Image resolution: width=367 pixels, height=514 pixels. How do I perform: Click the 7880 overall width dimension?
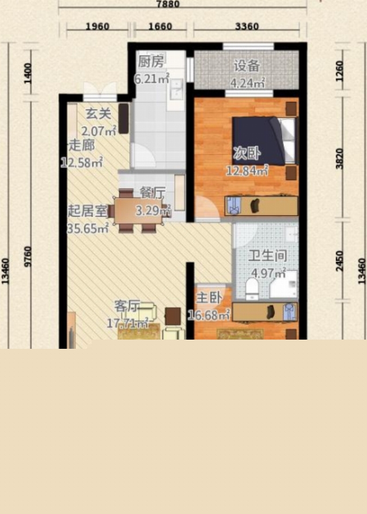(168, 4)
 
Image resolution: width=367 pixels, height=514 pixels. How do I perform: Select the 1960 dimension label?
(97, 26)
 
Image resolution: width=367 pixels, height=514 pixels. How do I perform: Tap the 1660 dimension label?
(160, 26)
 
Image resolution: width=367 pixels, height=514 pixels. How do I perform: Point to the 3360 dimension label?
(247, 26)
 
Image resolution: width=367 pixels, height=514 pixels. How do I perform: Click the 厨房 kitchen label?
(151, 61)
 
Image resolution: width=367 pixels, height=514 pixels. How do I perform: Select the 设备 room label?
(247, 65)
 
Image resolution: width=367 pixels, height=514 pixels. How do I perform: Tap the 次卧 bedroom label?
(247, 153)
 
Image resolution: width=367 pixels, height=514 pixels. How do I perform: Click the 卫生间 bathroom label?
(267, 256)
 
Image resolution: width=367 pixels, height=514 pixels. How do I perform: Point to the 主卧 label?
(209, 298)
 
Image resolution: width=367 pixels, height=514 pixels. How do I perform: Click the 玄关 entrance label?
(98, 114)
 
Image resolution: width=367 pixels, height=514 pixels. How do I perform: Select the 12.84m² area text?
(247, 170)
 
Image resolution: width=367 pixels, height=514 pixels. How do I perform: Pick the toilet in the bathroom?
(252, 289)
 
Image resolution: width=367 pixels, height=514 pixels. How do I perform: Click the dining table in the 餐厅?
(138, 211)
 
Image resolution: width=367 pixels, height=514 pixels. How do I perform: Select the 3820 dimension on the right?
(339, 159)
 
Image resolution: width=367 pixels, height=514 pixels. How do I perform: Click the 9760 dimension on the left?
(28, 256)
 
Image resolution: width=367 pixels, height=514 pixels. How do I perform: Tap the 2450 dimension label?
(339, 261)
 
